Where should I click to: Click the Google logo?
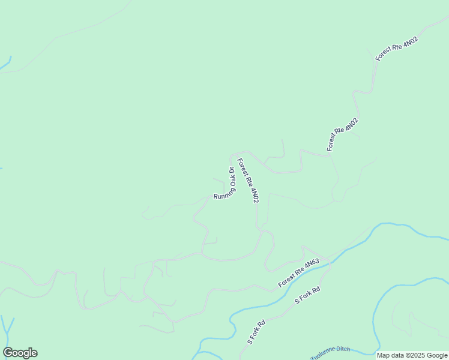click(20, 353)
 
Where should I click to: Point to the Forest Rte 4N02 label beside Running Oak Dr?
click(248, 180)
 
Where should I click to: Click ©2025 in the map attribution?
click(415, 355)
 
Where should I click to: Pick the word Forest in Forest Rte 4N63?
click(286, 280)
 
